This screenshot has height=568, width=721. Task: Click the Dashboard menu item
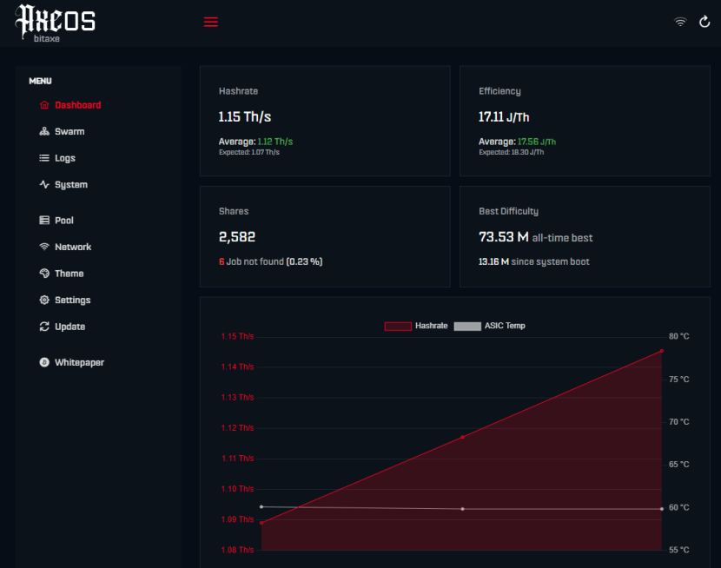(69, 105)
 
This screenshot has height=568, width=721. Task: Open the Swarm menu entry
(62, 131)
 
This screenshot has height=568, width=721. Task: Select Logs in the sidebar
(57, 158)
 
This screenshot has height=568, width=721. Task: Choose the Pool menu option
(56, 221)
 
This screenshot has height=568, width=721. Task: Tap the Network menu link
(65, 247)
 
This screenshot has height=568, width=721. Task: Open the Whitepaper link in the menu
(72, 362)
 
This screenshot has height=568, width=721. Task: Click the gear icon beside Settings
(44, 301)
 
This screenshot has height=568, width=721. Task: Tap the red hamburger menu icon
(211, 22)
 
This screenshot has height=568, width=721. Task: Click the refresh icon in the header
(704, 22)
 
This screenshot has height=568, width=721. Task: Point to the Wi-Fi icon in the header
(680, 22)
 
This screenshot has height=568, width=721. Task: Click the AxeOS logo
(56, 23)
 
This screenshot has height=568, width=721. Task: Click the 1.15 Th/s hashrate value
(245, 116)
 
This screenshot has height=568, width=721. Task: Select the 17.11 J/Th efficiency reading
(504, 117)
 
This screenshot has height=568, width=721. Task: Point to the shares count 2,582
(237, 236)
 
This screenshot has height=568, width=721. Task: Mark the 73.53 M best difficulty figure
(504, 237)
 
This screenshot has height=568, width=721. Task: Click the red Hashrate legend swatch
(398, 326)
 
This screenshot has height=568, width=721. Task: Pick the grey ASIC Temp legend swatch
(467, 326)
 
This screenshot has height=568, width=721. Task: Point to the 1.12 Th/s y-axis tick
(237, 428)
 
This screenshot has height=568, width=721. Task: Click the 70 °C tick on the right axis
(678, 422)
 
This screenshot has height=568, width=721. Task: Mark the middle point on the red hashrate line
(463, 437)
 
